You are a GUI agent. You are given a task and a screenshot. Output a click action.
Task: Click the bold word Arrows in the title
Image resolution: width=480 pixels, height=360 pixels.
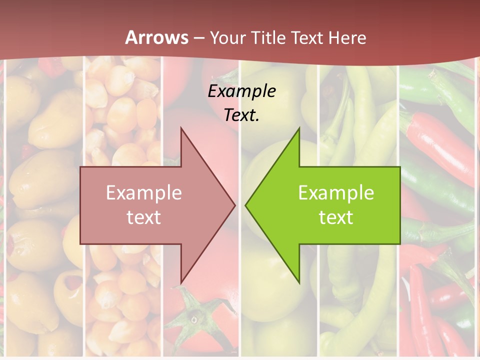click(x=156, y=37)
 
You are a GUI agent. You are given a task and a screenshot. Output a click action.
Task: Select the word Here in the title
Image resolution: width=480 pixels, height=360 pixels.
click(x=348, y=38)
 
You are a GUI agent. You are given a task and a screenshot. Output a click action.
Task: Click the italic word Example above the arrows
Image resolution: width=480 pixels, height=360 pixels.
click(x=241, y=91)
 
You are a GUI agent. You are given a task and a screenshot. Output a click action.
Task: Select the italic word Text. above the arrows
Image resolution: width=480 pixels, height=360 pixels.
click(x=241, y=115)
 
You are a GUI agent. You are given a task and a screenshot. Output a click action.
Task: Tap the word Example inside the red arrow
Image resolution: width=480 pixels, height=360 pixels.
click(x=144, y=193)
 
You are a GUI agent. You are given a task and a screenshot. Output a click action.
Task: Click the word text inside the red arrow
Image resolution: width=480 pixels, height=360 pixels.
click(x=144, y=217)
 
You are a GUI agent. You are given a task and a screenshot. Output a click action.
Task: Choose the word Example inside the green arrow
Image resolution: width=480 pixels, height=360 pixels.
click(x=336, y=193)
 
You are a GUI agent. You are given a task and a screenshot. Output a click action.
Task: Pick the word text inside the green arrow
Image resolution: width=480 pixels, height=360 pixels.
click(x=336, y=217)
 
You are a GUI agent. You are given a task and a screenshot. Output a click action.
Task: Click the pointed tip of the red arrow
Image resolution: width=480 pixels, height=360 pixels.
click(x=234, y=205)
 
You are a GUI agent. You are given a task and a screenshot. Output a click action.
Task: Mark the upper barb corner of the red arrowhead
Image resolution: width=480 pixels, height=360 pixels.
click(x=181, y=128)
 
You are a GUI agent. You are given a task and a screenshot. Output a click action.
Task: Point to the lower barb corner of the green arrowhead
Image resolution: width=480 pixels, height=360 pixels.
click(x=299, y=281)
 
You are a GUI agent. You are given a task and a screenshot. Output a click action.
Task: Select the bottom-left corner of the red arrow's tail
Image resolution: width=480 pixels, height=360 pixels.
click(x=80, y=243)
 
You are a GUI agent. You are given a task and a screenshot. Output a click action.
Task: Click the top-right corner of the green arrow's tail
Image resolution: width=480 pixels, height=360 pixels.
click(x=399, y=167)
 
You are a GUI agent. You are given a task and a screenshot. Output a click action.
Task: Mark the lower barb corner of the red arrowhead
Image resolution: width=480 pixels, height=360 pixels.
click(x=181, y=281)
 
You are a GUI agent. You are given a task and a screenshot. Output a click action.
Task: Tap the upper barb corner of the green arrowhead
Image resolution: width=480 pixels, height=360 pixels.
click(x=299, y=128)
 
